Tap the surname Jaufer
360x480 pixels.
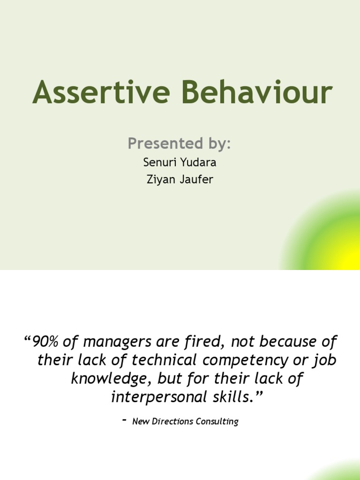point(196,179)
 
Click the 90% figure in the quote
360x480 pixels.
point(45,342)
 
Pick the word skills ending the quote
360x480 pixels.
point(240,397)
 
